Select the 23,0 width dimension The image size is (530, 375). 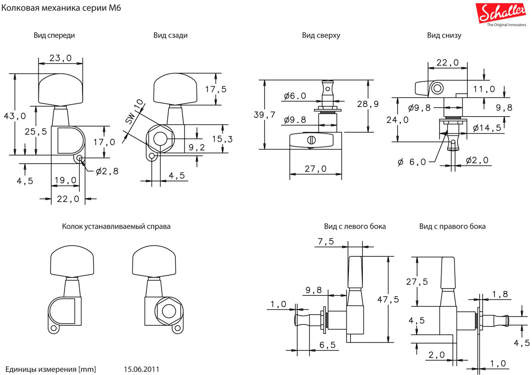click(60, 58)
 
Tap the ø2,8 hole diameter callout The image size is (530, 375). click(107, 171)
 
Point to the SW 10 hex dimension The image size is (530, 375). click(134, 111)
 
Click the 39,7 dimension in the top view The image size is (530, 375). click(264, 115)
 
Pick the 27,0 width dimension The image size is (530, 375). click(315, 169)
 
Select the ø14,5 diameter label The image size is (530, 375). click(487, 127)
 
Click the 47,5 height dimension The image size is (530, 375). click(388, 299)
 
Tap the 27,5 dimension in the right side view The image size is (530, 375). click(417, 282)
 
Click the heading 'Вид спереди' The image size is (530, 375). click(54, 35)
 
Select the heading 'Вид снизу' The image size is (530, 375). click(444, 35)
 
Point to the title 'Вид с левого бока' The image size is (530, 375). click(355, 226)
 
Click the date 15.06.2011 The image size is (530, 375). click(141, 369)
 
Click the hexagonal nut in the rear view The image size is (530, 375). click(159, 139)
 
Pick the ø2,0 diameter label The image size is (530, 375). click(477, 161)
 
